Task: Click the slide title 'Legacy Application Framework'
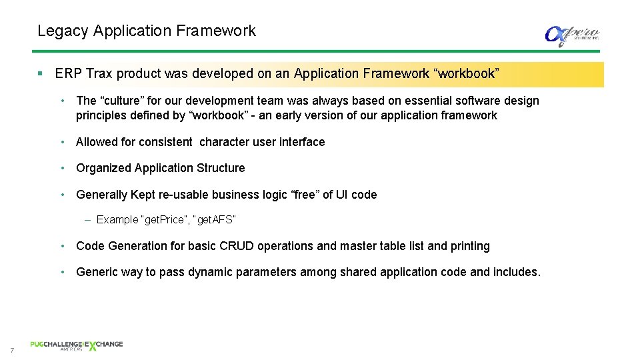146,31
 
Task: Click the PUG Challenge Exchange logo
76,345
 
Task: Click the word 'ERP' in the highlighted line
68,74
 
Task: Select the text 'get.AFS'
215,220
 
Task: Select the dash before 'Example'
89,220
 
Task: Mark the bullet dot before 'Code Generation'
62,246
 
